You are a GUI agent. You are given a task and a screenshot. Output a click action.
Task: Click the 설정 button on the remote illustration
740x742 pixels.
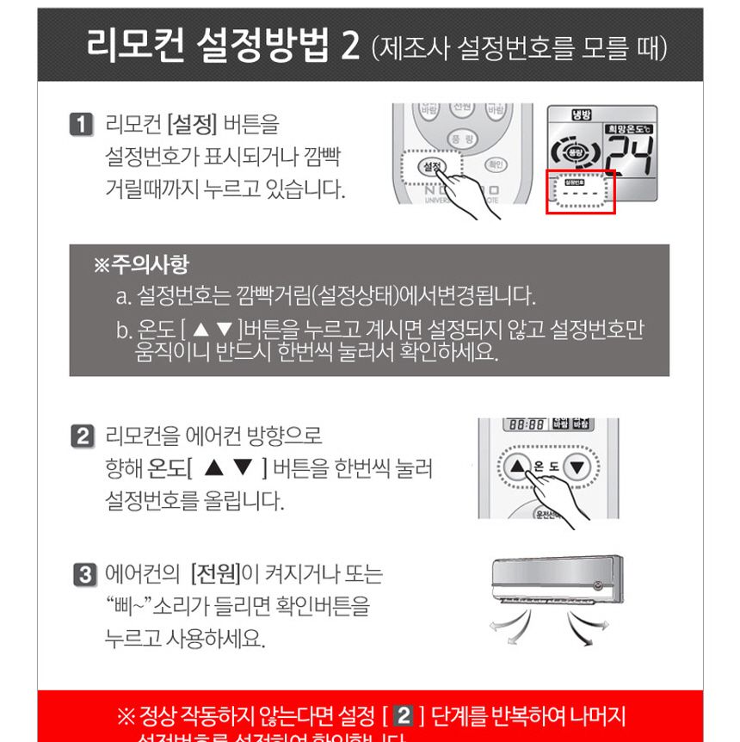(432, 165)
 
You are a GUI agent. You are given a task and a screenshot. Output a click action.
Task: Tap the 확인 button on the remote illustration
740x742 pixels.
(496, 164)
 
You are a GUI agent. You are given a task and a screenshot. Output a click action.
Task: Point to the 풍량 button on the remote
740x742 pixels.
(462, 138)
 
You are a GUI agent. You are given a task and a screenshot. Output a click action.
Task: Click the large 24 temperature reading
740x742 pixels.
(626, 157)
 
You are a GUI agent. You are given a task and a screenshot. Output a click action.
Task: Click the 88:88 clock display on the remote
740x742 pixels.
(524, 425)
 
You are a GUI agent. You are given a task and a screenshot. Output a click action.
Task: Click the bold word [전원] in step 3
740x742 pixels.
(213, 574)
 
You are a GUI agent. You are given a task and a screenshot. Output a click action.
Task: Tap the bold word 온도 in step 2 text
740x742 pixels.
(165, 469)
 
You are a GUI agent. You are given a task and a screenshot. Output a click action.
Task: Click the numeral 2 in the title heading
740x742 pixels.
(350, 45)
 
